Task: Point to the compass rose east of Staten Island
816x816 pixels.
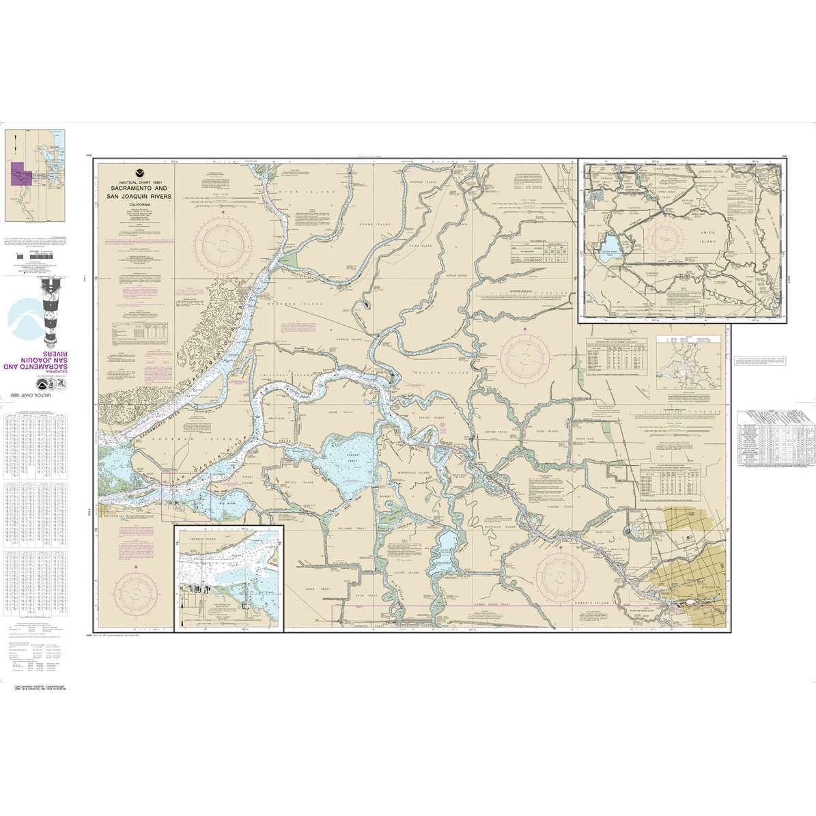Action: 524,356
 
